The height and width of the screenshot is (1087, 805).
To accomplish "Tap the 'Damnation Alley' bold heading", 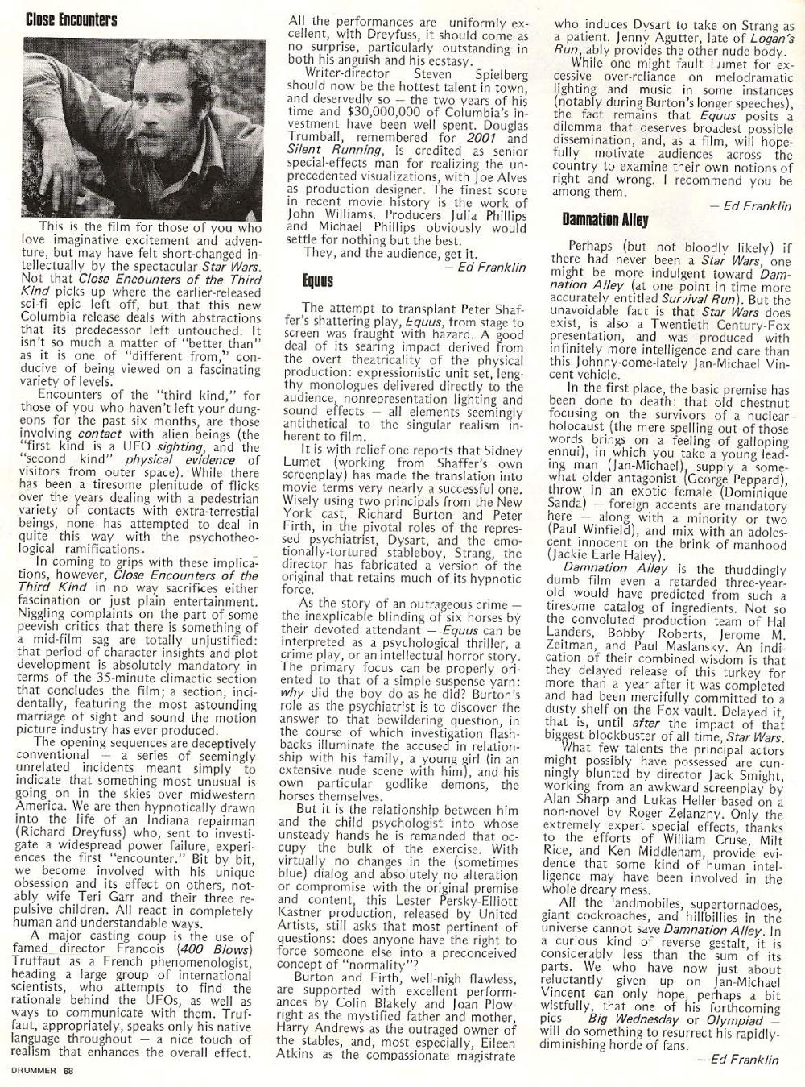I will tap(605, 219).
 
